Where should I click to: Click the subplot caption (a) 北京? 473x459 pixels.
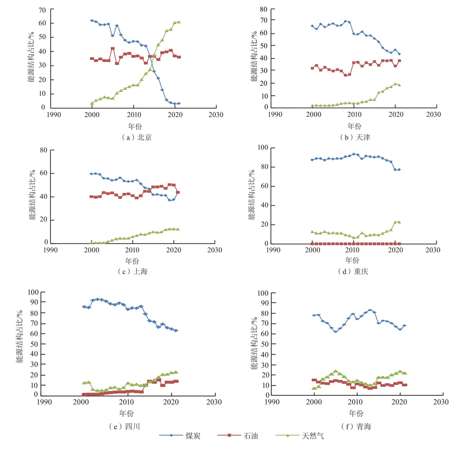pos(136,137)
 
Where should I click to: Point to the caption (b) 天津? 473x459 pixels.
pos(355,137)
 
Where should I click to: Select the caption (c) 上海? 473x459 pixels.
pos(133,272)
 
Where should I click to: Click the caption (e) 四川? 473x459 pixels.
pos(124,426)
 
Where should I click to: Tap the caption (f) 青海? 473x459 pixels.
pos(356,426)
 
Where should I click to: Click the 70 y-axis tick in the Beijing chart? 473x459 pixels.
pos(42,10)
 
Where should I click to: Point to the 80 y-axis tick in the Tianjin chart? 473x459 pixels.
pos(264,9)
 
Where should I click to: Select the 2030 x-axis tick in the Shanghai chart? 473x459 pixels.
pos(215,250)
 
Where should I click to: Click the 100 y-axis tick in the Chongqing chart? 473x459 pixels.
pos(263,148)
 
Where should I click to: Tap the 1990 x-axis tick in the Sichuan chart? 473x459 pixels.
pos(44,402)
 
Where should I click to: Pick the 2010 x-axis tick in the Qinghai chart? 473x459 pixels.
pos(355,402)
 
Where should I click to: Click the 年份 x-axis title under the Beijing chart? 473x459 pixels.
pos(135,126)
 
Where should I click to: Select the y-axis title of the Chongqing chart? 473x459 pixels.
pos(252,194)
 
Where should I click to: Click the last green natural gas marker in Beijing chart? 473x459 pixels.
pos(179,22)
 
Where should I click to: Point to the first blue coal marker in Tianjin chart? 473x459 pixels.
pos(312,26)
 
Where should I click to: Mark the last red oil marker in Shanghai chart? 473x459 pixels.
pos(178,192)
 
